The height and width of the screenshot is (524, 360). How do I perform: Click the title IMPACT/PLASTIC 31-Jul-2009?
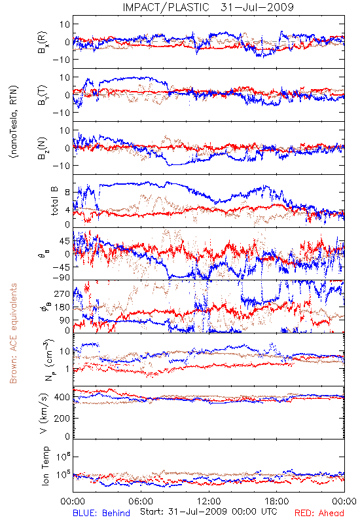(x=208, y=7)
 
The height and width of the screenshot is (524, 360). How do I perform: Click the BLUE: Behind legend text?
(x=101, y=513)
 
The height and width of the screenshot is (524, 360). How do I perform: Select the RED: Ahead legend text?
(x=319, y=513)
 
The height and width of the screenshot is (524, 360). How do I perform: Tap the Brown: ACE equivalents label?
(x=13, y=333)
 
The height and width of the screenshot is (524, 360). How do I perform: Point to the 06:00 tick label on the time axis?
(x=141, y=501)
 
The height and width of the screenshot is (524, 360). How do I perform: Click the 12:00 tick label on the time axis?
(x=209, y=501)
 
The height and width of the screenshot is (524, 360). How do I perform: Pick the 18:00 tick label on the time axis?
(x=277, y=501)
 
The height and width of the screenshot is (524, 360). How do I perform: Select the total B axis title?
(x=54, y=201)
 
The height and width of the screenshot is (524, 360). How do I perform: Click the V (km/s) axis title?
(x=44, y=413)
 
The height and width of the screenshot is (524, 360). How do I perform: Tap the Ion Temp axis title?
(x=45, y=466)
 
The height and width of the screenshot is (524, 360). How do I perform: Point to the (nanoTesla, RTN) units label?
(x=14, y=122)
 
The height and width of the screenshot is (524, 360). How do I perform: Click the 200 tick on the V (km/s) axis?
(x=62, y=418)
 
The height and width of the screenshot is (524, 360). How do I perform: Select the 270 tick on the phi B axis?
(x=62, y=293)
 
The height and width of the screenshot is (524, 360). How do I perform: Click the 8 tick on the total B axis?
(x=67, y=192)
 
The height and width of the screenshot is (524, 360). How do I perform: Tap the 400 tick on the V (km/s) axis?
(x=62, y=397)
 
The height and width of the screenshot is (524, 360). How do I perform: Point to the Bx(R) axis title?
(x=43, y=42)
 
